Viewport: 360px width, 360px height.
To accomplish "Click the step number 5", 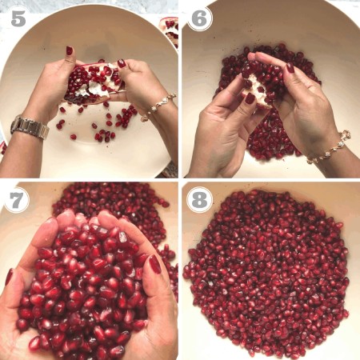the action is click(x=18, y=18).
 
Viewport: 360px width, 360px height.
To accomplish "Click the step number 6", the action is click(x=199, y=18).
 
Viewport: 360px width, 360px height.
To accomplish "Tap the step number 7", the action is click(x=16, y=201).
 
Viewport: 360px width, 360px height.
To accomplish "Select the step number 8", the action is click(x=199, y=201).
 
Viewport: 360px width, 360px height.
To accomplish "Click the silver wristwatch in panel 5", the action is click(x=30, y=127).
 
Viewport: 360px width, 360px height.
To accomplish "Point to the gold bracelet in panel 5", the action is click(x=158, y=106).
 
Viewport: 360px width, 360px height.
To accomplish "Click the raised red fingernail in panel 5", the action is click(x=70, y=50).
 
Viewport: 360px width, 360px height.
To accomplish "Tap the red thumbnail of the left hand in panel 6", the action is click(x=250, y=98).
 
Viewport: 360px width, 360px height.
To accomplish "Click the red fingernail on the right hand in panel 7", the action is click(x=154, y=264).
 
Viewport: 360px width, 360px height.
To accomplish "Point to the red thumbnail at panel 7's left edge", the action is click(x=9, y=276).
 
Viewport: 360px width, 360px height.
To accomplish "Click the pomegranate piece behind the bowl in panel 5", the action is click(x=170, y=30).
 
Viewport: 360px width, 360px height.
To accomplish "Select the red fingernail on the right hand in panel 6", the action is click(x=290, y=68).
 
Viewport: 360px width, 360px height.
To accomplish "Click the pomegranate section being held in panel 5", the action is click(x=94, y=82).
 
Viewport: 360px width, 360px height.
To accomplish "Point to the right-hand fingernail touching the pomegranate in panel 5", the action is click(x=122, y=63).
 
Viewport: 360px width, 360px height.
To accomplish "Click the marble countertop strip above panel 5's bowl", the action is click(x=89, y=6).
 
